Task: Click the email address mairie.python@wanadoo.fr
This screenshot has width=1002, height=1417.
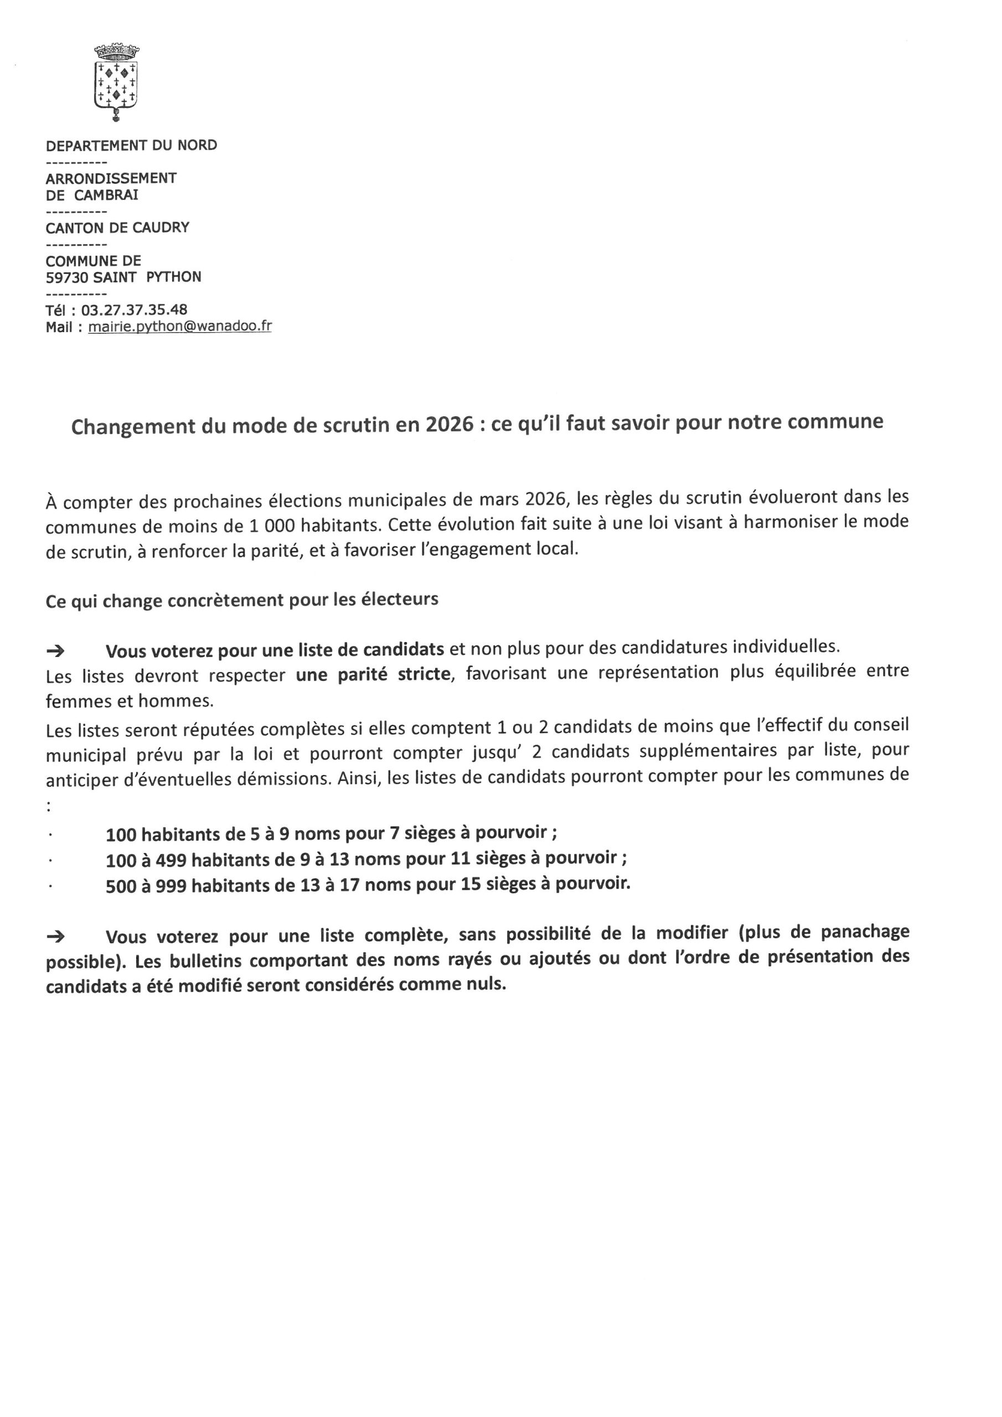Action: pyautogui.click(x=180, y=327)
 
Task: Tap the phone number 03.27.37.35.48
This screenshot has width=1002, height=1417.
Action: pyautogui.click(x=134, y=310)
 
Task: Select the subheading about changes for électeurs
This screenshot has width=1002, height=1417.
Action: pyautogui.click(x=242, y=600)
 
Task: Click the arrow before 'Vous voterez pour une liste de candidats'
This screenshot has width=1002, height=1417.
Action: pyautogui.click(x=55, y=651)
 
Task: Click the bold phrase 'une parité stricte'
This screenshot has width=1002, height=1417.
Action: pyautogui.click(x=373, y=674)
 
